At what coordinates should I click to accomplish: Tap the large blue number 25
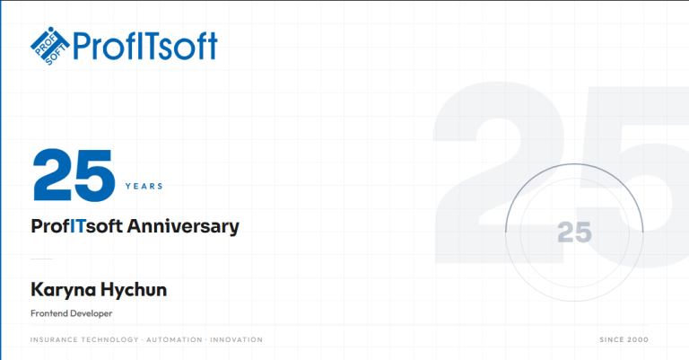74,176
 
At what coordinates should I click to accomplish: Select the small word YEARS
144,187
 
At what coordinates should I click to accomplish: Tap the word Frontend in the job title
50,313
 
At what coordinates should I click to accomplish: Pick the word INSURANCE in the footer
53,340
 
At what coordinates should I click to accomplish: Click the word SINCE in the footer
612,340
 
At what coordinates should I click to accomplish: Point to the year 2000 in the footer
639,340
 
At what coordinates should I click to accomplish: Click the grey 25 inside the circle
574,233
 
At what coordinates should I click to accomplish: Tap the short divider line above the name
42,259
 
